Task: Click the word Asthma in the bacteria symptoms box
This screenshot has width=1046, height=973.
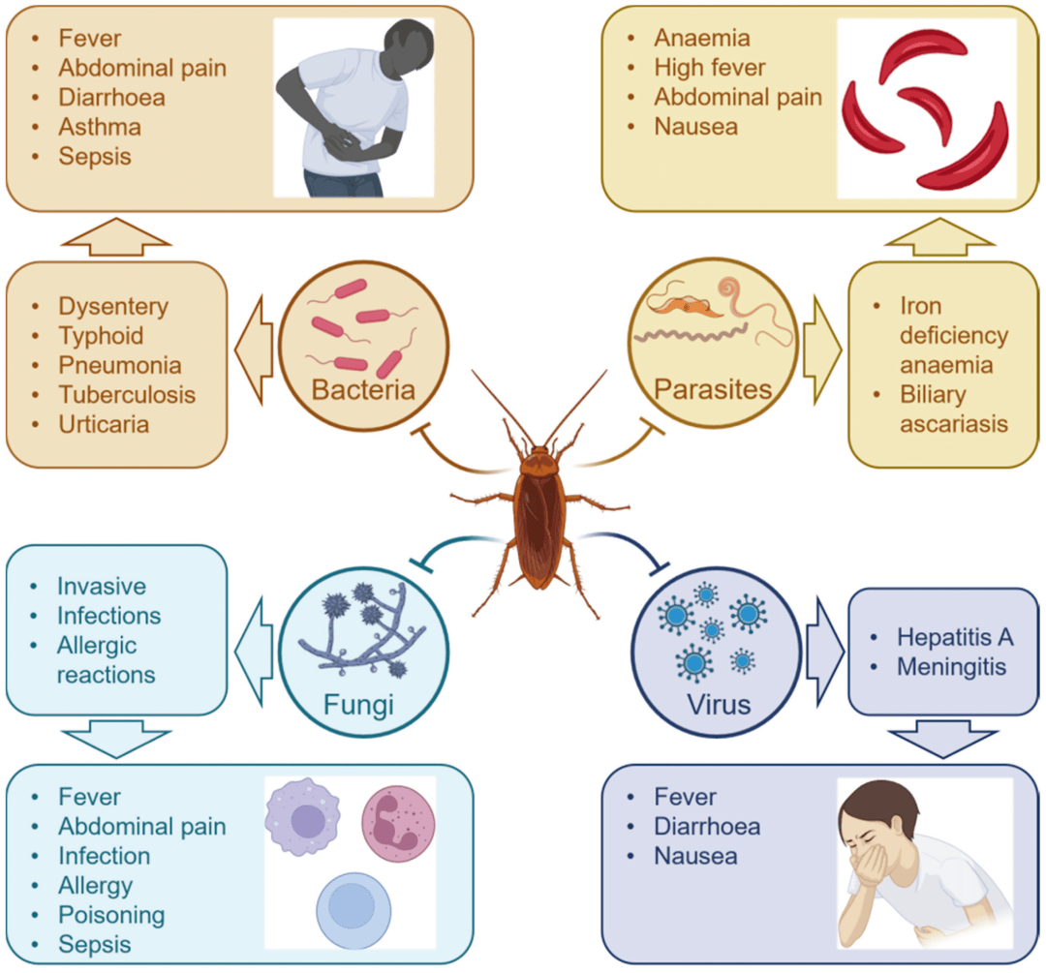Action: pyautogui.click(x=100, y=127)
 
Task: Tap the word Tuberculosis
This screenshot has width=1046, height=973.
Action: pyautogui.click(x=127, y=395)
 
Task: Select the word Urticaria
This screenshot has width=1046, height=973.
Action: pyautogui.click(x=104, y=425)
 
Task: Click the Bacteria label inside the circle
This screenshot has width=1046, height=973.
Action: pyautogui.click(x=363, y=390)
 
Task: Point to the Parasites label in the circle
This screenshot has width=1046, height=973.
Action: pyautogui.click(x=713, y=390)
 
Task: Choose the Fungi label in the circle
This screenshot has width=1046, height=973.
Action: pyautogui.click(x=359, y=704)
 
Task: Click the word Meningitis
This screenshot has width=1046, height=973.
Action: pyautogui.click(x=952, y=667)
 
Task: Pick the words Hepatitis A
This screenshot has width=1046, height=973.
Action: pyautogui.click(x=955, y=637)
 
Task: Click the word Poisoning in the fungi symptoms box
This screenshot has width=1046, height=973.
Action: pyautogui.click(x=111, y=915)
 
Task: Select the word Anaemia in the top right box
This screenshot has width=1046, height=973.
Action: pyautogui.click(x=702, y=38)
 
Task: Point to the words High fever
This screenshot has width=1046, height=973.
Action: pyautogui.click(x=710, y=68)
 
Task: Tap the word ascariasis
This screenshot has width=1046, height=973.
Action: pyautogui.click(x=955, y=424)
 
